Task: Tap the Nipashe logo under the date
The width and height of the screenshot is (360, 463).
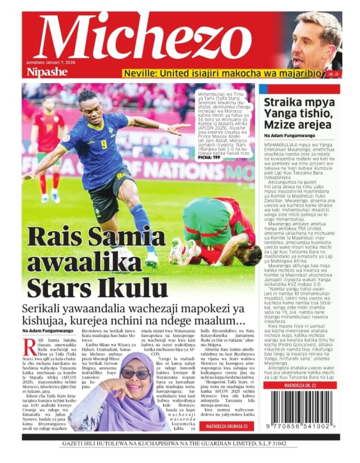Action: (x=47, y=72)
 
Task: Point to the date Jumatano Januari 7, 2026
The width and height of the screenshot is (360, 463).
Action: (x=51, y=62)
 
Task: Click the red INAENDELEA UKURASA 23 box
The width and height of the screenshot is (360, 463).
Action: (x=226, y=425)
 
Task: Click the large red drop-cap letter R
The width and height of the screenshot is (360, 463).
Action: (x=30, y=347)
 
